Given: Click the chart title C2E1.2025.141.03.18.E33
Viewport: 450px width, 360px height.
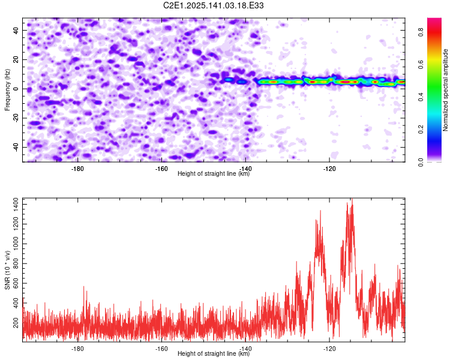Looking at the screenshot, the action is (213, 5).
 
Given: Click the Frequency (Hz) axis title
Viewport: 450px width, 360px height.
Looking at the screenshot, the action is (7, 90).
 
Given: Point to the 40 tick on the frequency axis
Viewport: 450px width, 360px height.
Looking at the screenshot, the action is (15, 30).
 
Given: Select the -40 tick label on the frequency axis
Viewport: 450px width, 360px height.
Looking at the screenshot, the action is (15, 147).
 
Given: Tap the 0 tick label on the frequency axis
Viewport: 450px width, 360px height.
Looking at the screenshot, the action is (15, 89).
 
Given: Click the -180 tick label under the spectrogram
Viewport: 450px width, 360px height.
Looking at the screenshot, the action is (77, 169).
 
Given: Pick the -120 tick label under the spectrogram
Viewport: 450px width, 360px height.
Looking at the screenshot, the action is (329, 169).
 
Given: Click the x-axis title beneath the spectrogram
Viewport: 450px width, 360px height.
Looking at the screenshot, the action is (214, 173).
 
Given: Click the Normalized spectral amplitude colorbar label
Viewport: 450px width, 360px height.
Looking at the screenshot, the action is (445, 90).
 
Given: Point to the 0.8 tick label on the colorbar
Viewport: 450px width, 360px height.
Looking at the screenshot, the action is (421, 32).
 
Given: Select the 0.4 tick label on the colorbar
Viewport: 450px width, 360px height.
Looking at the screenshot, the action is (421, 97).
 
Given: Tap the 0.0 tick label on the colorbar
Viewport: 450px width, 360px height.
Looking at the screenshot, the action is (421, 162).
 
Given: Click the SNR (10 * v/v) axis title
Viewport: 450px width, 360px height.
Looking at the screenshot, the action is (7, 270).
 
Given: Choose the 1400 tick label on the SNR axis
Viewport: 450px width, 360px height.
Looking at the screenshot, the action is (15, 205).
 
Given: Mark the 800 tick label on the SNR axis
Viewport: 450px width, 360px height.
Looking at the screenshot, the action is (15, 263).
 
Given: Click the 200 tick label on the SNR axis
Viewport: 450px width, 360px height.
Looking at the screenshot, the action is (15, 323).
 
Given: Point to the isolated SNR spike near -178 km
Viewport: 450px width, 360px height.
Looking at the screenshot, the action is (84, 287).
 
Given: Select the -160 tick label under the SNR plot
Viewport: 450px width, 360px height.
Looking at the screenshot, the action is (161, 349).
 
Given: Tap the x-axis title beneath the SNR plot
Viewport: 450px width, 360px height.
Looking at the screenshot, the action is (214, 353).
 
